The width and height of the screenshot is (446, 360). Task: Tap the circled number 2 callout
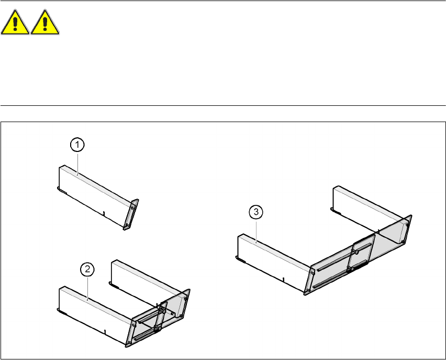(x=87, y=269)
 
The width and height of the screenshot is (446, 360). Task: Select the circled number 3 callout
(x=255, y=212)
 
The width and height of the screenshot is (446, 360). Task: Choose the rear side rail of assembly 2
(x=147, y=278)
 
